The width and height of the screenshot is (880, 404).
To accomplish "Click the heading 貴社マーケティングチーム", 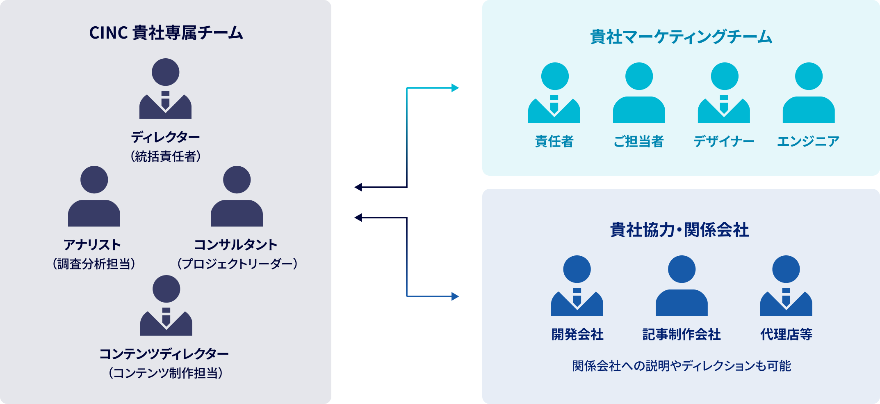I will tap(681, 37).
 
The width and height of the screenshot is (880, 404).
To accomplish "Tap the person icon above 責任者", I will tap(554, 93).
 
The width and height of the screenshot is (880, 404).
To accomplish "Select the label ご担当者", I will tap(638, 142).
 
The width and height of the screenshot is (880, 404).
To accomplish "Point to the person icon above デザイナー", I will tap(724, 93).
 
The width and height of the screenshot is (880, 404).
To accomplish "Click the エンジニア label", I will tap(808, 142).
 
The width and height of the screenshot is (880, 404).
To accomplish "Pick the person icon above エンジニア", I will tap(808, 93).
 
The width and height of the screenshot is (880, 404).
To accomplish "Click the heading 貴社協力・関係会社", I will tap(679, 230).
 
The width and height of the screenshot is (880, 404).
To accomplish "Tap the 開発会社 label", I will tap(577, 335).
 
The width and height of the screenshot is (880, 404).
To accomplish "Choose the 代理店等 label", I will tap(786, 335).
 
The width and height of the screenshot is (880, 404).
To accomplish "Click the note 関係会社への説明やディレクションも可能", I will tap(681, 366).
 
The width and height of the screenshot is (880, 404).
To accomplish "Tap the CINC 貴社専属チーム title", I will tap(166, 33).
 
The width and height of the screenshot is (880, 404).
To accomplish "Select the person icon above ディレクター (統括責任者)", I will tap(165, 89).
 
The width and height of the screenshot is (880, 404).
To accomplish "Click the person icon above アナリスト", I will tap(94, 196).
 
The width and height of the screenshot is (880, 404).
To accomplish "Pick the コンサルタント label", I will tap(236, 245).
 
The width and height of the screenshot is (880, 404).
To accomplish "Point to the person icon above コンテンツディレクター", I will tap(166, 305).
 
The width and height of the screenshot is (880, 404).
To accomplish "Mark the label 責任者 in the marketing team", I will tap(554, 142).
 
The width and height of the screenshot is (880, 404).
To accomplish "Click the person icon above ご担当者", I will tap(638, 93).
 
